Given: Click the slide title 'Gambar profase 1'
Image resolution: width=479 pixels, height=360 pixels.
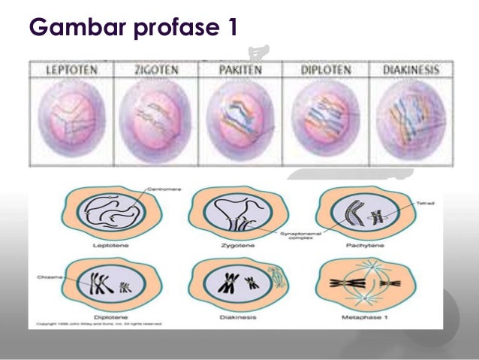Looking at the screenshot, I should (x=134, y=29).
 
